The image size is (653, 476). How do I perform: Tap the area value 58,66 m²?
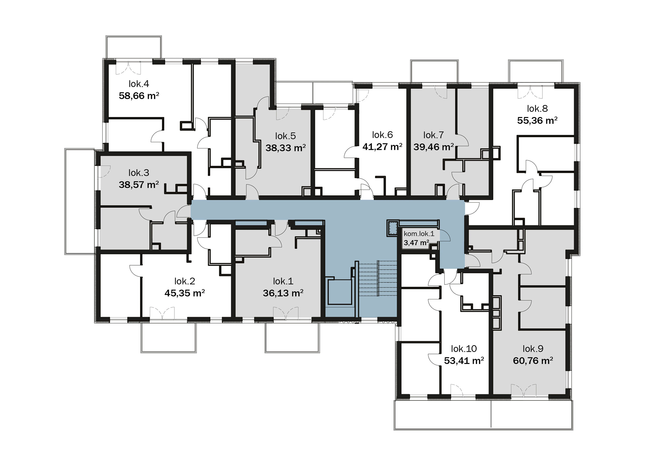pyautogui.click(x=139, y=96)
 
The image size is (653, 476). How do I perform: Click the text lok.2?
pyautogui.click(x=185, y=281)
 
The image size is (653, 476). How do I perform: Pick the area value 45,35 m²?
pyautogui.click(x=185, y=293)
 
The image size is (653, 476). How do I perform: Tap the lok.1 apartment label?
pyautogui.click(x=283, y=281)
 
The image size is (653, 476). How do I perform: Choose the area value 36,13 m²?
pyautogui.click(x=283, y=293)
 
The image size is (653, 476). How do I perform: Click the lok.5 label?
pyautogui.click(x=285, y=136)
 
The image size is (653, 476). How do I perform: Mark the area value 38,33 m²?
pyautogui.click(x=285, y=148)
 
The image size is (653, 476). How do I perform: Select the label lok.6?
pyautogui.click(x=382, y=135)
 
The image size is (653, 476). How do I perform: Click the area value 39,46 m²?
pyautogui.click(x=434, y=147)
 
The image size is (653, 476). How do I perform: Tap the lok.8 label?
pyautogui.click(x=537, y=109)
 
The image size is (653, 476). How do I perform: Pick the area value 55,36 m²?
pyautogui.click(x=537, y=120)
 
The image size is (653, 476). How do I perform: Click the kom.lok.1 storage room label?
pyautogui.click(x=419, y=234)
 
